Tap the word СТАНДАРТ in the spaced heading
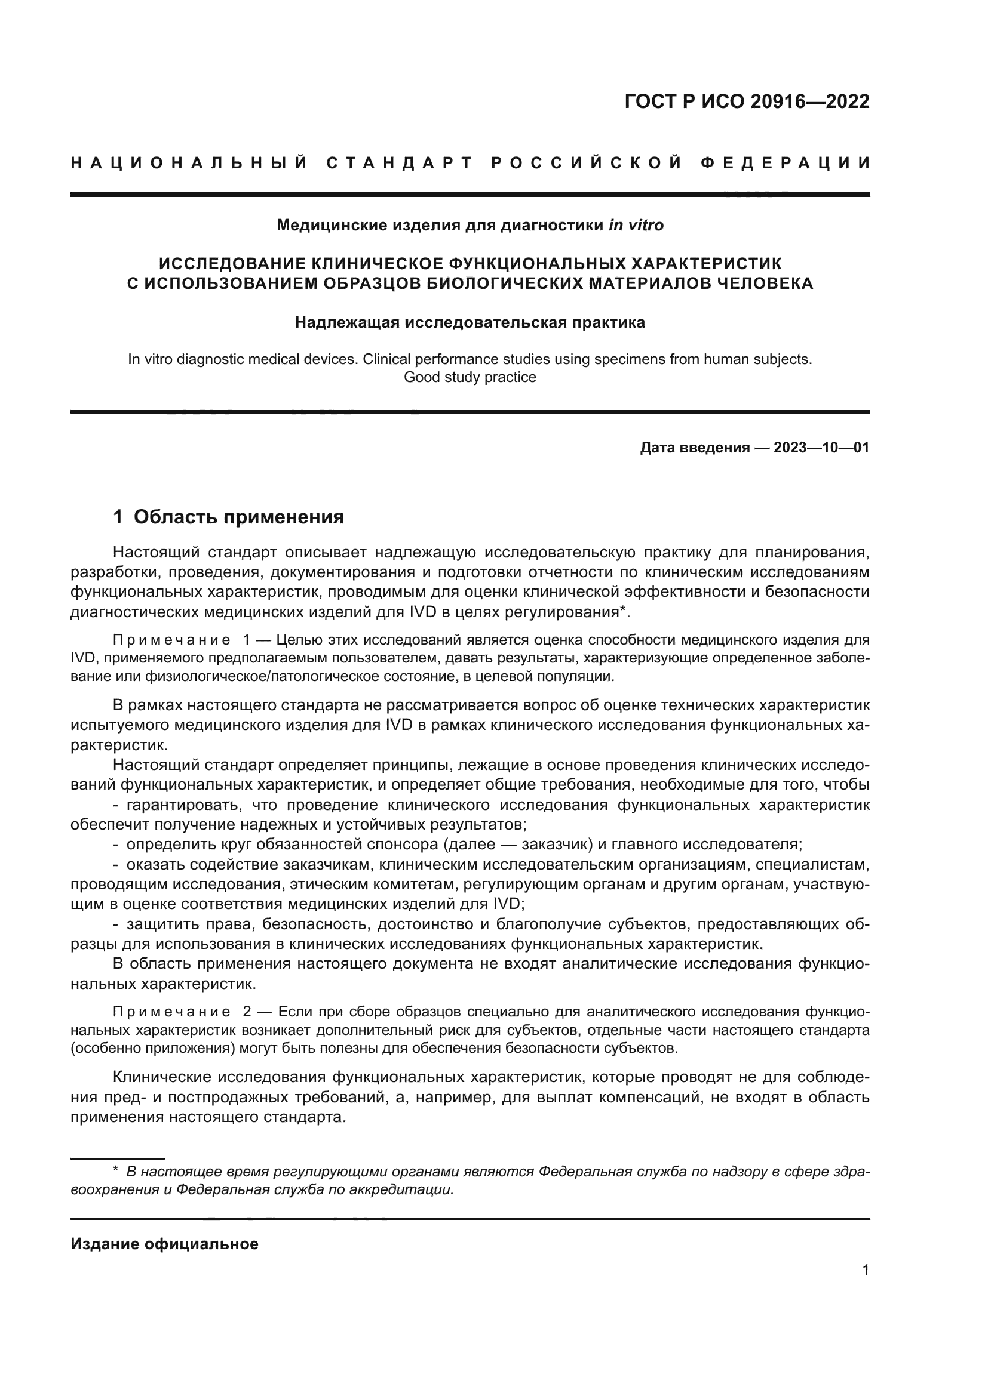click(x=400, y=163)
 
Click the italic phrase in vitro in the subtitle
click(x=636, y=226)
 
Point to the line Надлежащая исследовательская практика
click(x=470, y=322)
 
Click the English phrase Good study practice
click(x=470, y=377)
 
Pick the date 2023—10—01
click(x=821, y=448)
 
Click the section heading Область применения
click(x=238, y=517)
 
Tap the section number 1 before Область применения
click(x=118, y=517)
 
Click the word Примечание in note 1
click(x=171, y=640)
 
